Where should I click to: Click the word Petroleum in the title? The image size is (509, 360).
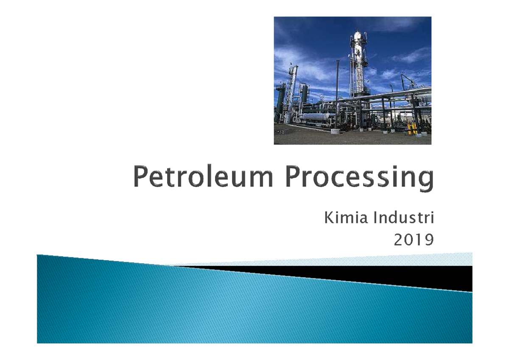click(203, 177)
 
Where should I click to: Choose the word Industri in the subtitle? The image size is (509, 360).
click(403, 218)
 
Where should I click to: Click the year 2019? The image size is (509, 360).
click(414, 239)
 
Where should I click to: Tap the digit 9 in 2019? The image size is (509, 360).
click(429, 239)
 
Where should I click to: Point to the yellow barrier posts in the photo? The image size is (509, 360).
click(412, 129)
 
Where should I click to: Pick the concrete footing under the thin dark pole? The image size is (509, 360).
click(335, 131)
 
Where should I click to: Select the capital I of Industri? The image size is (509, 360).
click(375, 218)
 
